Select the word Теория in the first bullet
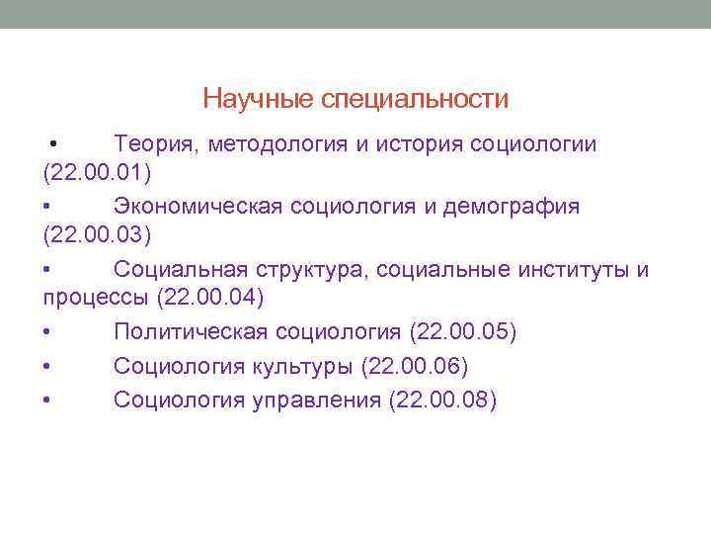pyautogui.click(x=156, y=145)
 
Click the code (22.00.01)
pyautogui.click(x=97, y=175)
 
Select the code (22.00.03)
pyautogui.click(x=97, y=236)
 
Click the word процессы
pyautogui.click(x=96, y=299)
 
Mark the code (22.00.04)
pyautogui.click(x=211, y=299)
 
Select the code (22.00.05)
pyautogui.click(x=452, y=331)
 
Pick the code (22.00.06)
pyautogui.click(x=416, y=366)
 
